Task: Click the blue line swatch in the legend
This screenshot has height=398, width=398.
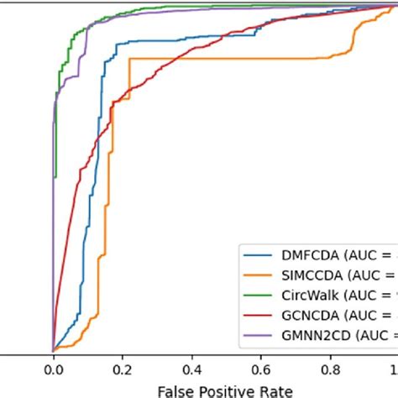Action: [254, 253]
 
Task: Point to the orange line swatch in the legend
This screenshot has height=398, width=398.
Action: [254, 274]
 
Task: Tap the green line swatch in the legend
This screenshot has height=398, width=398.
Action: [254, 295]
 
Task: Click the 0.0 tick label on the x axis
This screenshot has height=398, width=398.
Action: [53, 368]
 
